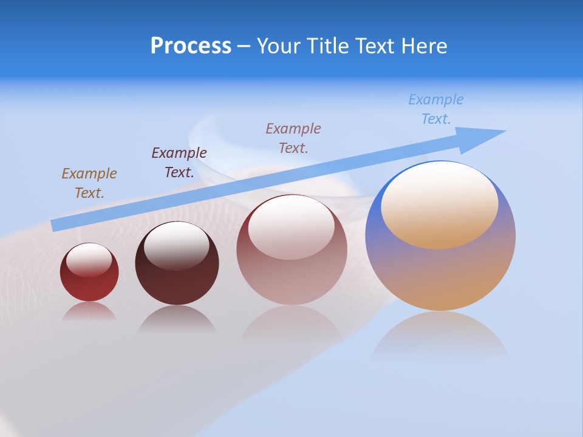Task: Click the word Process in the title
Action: click(191, 46)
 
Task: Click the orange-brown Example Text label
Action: click(89, 183)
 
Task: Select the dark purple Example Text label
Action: click(179, 162)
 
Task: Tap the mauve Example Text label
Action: click(293, 138)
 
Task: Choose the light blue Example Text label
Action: click(435, 109)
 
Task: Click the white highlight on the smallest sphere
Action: click(89, 260)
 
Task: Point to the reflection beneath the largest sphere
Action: click(440, 337)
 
